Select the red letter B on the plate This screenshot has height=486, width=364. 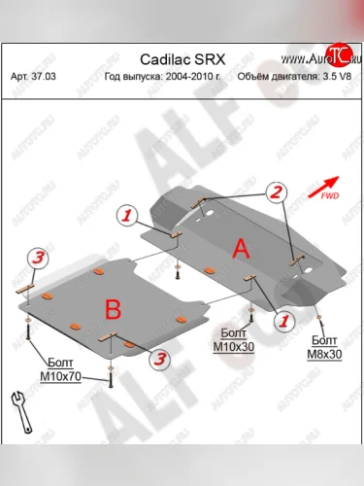113,309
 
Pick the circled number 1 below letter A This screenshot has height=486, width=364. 283,317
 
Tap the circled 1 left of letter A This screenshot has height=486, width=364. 126,214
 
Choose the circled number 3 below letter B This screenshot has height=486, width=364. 155,359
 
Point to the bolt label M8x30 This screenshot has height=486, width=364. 323,354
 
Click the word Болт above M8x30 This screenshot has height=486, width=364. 323,341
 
